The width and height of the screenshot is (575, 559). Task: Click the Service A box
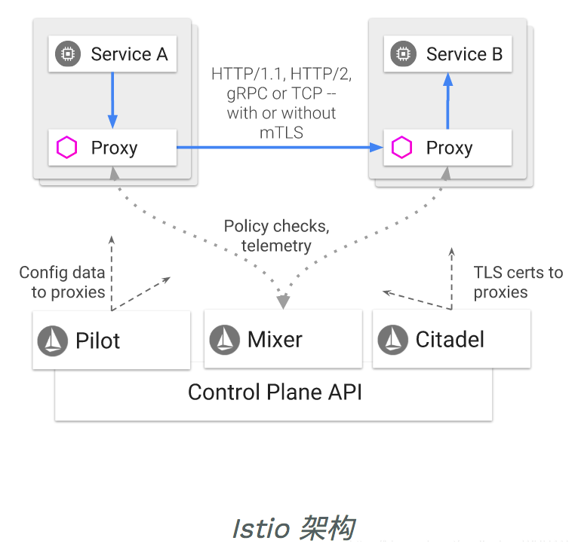pos(112,54)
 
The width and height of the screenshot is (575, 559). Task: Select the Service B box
pos(447,54)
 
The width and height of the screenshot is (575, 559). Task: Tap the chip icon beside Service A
pos(68,54)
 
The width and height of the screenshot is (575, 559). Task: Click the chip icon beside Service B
pos(403,54)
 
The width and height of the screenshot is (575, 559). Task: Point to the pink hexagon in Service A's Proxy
pos(67,148)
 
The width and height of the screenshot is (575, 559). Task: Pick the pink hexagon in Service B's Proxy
pos(402,148)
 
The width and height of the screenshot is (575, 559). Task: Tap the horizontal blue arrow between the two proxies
pos(279,148)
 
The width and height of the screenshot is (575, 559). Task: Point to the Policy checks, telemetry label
pos(276,236)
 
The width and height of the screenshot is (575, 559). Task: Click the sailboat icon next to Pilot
pos(53,341)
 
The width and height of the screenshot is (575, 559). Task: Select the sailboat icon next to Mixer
pos(225,340)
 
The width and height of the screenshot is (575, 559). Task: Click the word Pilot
pos(97,341)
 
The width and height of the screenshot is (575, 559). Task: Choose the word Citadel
pos(450,340)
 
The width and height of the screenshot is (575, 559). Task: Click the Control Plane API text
pos(275,393)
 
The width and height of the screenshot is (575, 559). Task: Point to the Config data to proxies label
pos(62,283)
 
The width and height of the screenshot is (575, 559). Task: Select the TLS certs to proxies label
pos(518,283)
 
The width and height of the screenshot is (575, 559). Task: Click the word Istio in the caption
pos(260,529)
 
